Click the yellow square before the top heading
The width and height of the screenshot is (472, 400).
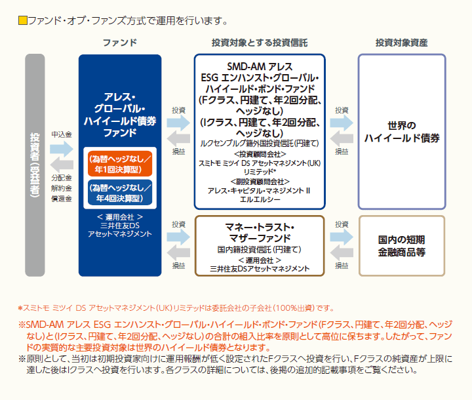[x=22, y=20]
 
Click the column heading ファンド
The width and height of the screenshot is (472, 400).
[x=120, y=43]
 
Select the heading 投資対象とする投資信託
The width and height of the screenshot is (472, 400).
[x=260, y=43]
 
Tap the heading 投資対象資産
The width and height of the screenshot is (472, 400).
[x=402, y=43]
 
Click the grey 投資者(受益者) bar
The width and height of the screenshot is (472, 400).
[x=35, y=165]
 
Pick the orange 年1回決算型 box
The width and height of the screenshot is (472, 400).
[x=120, y=163]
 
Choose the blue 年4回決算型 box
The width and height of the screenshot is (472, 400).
[x=120, y=193]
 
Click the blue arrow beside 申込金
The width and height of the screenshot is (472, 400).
[x=62, y=149]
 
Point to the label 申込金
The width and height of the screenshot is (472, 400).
[x=62, y=134]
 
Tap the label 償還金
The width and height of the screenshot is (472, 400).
[x=62, y=199]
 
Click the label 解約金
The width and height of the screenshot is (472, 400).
[x=62, y=188]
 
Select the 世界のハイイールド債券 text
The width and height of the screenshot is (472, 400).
[x=402, y=132]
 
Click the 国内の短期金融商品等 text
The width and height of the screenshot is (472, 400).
[x=402, y=246]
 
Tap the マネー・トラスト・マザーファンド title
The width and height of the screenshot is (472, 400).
[x=260, y=233]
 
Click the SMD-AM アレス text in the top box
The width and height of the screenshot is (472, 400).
[x=260, y=66]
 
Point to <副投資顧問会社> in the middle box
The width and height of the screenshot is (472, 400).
[x=260, y=182]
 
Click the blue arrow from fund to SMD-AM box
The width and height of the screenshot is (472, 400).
[x=178, y=123]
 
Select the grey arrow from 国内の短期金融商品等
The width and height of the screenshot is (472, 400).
[x=342, y=252]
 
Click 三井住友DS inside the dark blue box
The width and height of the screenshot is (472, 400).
[x=120, y=226]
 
